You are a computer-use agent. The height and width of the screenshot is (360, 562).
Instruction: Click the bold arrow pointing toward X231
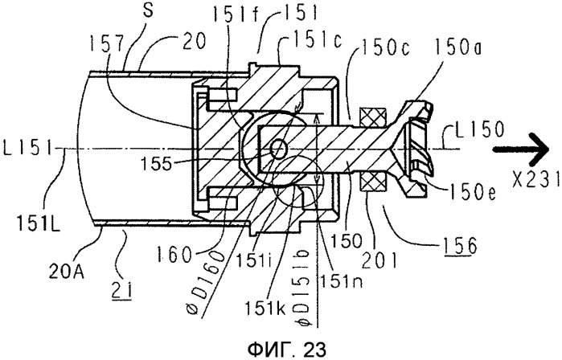tap(521, 149)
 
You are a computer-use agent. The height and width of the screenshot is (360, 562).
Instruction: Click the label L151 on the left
tap(27, 148)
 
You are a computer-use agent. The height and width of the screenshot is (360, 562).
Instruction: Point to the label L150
tap(479, 130)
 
